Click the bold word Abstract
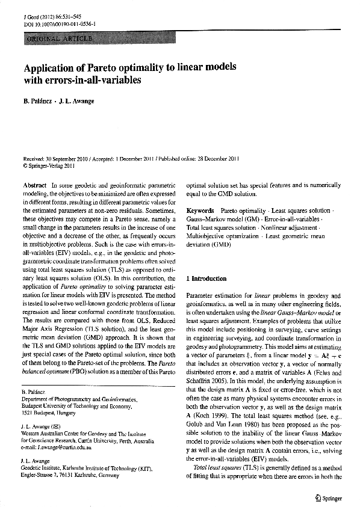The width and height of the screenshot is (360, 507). (34, 186)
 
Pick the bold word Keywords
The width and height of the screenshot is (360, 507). (200, 212)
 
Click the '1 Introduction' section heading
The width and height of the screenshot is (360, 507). (206, 279)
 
